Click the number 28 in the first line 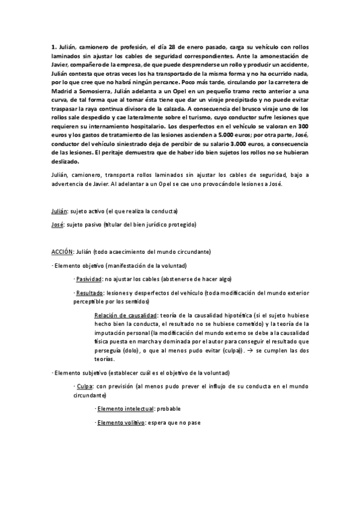[193, 48]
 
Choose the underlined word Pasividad [88, 279]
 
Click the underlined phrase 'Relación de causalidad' [125, 315]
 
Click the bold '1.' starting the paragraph [53, 48]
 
